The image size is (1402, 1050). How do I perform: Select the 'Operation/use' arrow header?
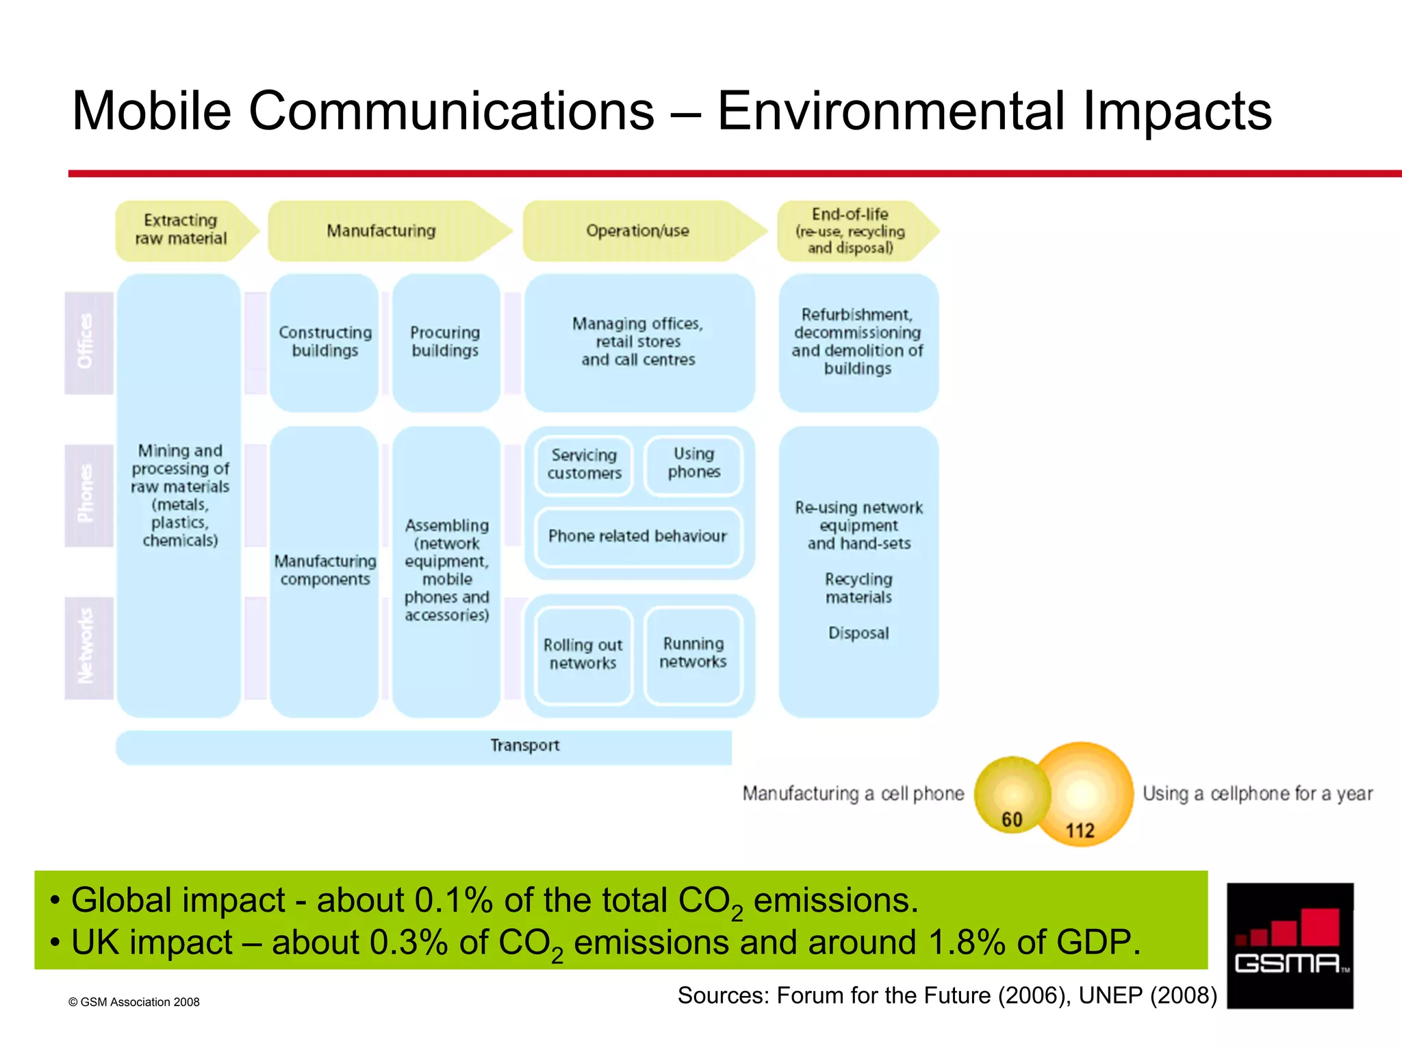[638, 231]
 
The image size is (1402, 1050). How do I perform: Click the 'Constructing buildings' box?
[324, 342]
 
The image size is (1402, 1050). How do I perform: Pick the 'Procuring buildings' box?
[445, 342]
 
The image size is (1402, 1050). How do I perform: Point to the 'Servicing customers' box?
[584, 465]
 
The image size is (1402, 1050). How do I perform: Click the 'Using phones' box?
[693, 463]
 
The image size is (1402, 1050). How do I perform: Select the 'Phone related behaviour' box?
[637, 537]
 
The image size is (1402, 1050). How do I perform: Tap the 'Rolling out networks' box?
[583, 654]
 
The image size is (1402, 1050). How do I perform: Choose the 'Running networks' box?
[693, 653]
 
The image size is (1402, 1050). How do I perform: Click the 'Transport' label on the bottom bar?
[524, 745]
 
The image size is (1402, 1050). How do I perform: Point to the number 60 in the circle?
[1012, 819]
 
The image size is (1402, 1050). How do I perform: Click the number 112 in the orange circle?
[1080, 831]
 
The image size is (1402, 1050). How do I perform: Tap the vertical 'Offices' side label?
[87, 342]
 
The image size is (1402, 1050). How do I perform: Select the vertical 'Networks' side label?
[87, 647]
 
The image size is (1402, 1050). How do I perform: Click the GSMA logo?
[1289, 945]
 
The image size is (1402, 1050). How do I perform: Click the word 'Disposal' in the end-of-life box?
[858, 633]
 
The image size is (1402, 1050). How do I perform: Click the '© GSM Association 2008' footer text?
[134, 1002]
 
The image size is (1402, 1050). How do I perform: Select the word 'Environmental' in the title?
[891, 112]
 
